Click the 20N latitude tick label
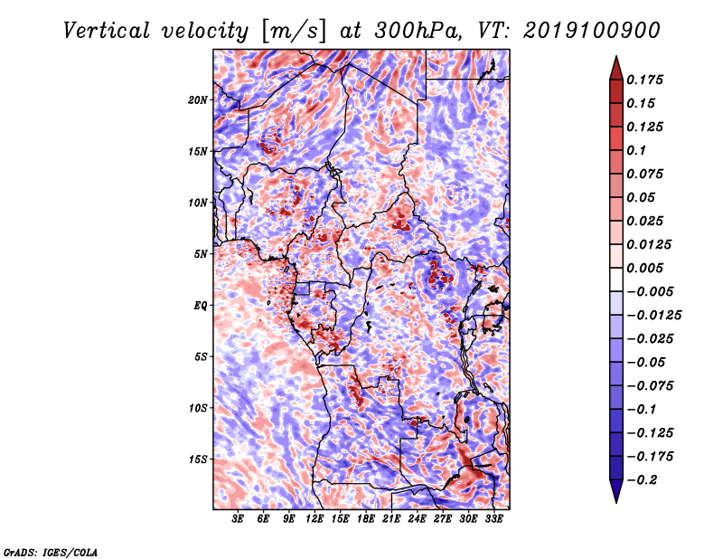tap(198, 100)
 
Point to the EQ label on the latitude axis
tap(200, 306)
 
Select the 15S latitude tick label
tap(198, 460)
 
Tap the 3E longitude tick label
tap(238, 519)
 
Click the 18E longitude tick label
tap(366, 519)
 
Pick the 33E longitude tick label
tap(493, 519)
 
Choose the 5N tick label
tap(201, 254)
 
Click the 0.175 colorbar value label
tap(644, 80)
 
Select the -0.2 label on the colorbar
tap(642, 480)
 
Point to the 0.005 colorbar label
tap(644, 268)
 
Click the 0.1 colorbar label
tap(636, 150)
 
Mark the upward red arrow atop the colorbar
tap(616, 68)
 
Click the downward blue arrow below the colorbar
tap(616, 490)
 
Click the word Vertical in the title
tap(107, 31)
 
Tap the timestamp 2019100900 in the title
tap(592, 31)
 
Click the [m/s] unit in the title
tap(293, 32)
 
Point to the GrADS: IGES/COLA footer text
tap(51, 552)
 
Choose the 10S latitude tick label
tap(198, 408)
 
